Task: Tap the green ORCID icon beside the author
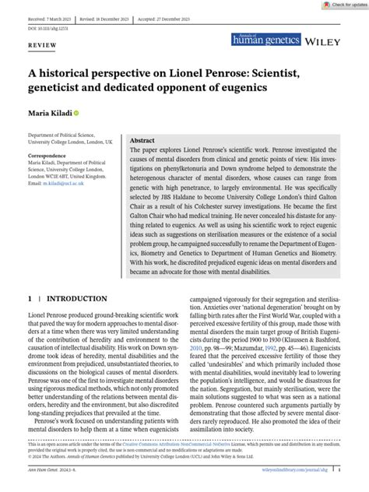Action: click(76, 114)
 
